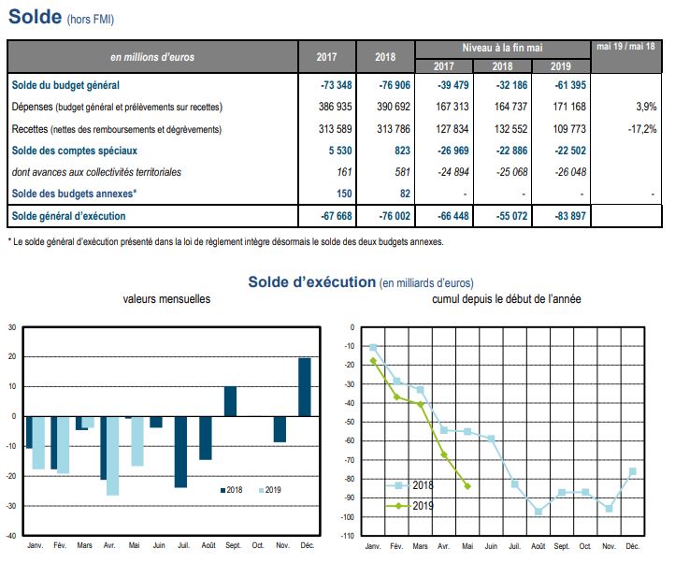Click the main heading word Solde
tap(35, 17)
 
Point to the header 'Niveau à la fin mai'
tap(503, 47)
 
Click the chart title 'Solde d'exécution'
tap(310, 281)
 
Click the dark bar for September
tap(230, 401)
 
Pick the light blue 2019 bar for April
tap(112, 455)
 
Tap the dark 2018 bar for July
tap(180, 452)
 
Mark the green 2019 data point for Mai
tap(467, 486)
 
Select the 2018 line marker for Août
tap(539, 512)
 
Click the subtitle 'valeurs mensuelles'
tap(166, 299)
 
